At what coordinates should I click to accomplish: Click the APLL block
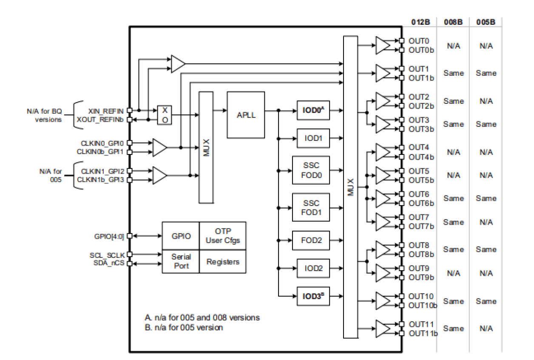(x=246, y=115)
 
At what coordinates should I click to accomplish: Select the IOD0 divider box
(x=313, y=110)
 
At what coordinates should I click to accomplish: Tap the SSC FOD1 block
(x=311, y=207)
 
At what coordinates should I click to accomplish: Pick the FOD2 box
(x=311, y=241)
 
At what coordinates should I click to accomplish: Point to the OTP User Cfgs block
(x=222, y=236)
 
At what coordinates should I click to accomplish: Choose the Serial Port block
(x=180, y=262)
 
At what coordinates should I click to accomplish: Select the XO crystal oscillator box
(x=165, y=115)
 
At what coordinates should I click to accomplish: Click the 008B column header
(x=453, y=22)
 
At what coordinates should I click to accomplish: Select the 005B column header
(x=486, y=22)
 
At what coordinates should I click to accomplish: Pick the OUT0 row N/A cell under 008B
(x=453, y=46)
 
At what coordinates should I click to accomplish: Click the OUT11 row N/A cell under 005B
(x=486, y=329)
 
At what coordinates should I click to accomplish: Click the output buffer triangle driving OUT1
(x=383, y=73)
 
